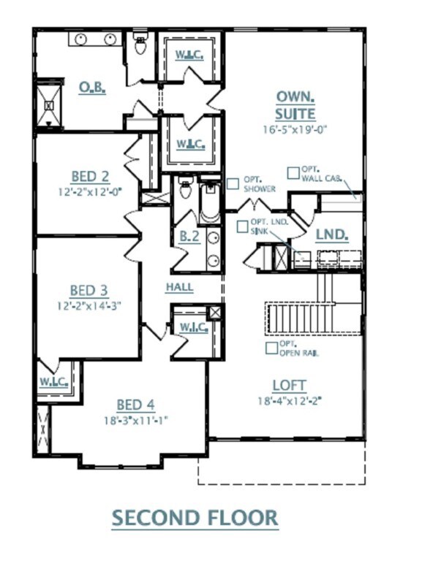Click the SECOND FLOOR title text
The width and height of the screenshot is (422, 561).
[x=195, y=518]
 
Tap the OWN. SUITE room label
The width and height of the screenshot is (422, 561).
[x=295, y=105]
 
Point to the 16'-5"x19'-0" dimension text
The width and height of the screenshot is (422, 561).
[x=295, y=130]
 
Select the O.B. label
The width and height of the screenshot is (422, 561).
[x=93, y=88]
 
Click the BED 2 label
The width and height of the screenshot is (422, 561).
[x=90, y=176]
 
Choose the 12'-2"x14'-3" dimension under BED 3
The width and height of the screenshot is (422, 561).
[x=90, y=306]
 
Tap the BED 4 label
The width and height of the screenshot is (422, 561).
[x=135, y=405]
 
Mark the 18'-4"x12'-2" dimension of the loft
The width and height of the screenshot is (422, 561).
[x=290, y=400]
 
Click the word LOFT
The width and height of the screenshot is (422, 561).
[x=290, y=385]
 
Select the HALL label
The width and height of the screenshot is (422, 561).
[x=179, y=287]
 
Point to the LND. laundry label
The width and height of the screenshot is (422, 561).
[x=331, y=236]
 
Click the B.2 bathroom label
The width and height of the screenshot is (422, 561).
[x=189, y=237]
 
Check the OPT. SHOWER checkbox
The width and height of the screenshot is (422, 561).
[x=232, y=184]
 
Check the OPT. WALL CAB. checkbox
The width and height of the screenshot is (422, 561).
[x=293, y=173]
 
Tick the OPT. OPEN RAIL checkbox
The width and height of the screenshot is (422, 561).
[x=271, y=348]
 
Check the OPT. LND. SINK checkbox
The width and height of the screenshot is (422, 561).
[x=242, y=226]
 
